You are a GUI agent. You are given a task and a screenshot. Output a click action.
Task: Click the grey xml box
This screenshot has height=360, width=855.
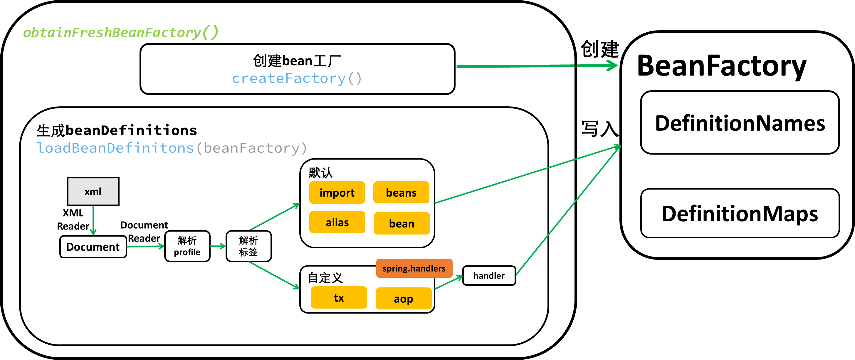[93, 191]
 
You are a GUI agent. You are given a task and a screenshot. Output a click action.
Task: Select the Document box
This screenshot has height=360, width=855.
[93, 247]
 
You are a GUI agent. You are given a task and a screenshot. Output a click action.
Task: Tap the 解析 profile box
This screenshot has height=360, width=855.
[187, 246]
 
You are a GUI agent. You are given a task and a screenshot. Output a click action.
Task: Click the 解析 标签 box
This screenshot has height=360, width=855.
[248, 246]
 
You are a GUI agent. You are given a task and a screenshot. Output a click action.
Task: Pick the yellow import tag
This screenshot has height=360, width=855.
[337, 192]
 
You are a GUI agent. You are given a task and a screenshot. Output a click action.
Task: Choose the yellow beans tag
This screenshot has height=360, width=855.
[401, 192]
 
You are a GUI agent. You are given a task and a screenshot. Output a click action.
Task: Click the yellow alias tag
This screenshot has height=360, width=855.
[337, 222]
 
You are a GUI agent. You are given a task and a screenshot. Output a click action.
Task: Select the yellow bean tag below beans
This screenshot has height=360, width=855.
[402, 224]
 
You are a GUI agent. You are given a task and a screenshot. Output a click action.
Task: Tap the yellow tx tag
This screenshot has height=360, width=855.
[339, 298]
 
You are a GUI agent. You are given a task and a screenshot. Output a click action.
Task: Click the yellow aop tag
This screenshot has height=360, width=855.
[403, 299]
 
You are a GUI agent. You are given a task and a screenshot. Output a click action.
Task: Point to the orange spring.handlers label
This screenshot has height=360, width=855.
[414, 268]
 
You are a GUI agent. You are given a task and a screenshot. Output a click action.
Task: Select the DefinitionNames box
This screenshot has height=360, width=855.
[740, 123]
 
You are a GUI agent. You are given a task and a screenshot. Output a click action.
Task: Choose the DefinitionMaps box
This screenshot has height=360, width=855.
[740, 213]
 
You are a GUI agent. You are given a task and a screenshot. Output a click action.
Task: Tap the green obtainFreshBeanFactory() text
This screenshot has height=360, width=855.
[121, 33]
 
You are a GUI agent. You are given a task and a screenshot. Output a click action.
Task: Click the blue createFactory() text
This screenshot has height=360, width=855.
[296, 78]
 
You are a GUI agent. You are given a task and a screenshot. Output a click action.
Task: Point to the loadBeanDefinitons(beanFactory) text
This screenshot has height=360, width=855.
[171, 148]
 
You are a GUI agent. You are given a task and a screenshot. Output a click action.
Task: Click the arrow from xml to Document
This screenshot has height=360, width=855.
[93, 220]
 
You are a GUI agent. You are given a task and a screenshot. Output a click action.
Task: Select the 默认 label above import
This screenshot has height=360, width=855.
[320, 173]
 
